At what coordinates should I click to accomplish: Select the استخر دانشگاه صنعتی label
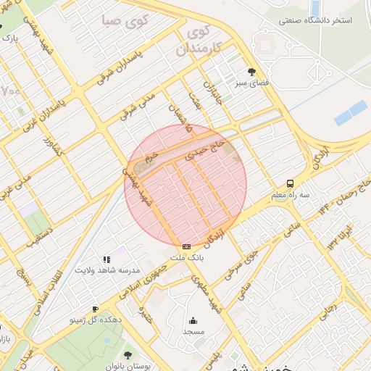316,20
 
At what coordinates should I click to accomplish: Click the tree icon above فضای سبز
251,71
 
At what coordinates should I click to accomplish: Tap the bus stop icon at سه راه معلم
290,183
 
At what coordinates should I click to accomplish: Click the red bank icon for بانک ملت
187,246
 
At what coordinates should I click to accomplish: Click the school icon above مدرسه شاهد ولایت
107,259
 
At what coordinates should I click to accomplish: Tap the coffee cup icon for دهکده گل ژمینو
95,308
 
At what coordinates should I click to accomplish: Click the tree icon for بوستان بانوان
128,354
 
